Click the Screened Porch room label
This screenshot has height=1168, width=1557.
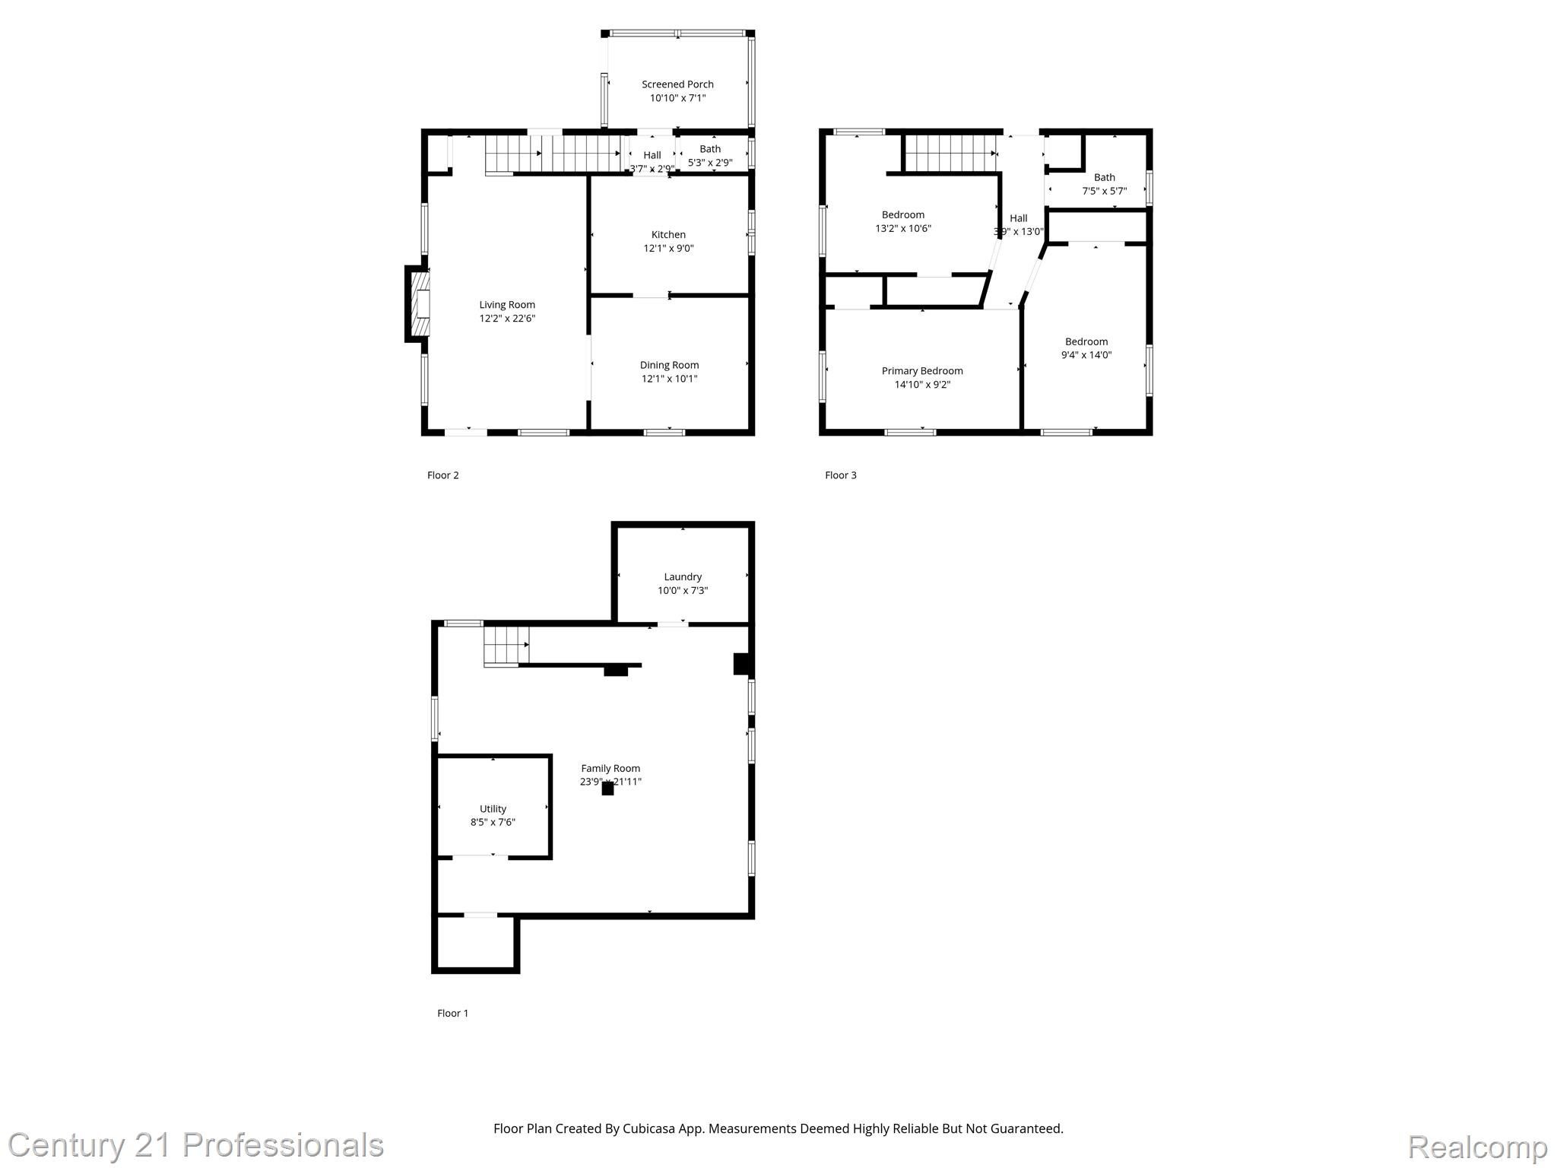tap(677, 84)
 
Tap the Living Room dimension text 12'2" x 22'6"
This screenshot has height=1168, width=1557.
tap(507, 319)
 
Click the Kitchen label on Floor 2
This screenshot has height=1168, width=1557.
tap(668, 234)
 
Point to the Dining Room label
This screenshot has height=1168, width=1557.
tap(669, 365)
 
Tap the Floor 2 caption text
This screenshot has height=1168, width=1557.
tap(442, 475)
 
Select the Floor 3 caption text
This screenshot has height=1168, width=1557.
tap(840, 475)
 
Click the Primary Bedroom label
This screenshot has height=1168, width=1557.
tap(921, 371)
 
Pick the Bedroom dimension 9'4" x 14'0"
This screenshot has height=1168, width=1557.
tap(1086, 355)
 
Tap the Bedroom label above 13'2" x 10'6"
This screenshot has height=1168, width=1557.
tap(902, 214)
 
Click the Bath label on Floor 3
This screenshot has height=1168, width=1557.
tap(1104, 177)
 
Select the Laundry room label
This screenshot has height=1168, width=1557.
tap(682, 576)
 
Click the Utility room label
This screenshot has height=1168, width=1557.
tap(493, 808)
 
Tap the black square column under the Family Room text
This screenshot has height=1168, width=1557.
tap(607, 789)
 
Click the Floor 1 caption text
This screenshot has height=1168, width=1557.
tap(452, 1013)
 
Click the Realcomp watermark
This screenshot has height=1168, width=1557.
tap(1476, 1147)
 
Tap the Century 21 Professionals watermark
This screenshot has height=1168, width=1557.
tap(195, 1145)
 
